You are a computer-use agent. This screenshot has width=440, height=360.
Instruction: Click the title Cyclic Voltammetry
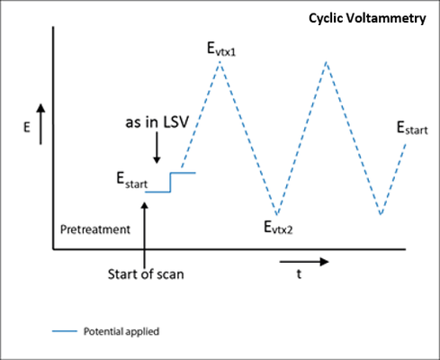(367, 19)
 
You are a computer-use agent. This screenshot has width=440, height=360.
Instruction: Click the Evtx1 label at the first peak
(221, 49)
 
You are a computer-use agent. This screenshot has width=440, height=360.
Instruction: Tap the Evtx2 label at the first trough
(278, 227)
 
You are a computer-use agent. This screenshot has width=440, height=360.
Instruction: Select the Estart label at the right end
(412, 128)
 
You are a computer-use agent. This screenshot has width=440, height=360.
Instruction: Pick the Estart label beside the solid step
(132, 180)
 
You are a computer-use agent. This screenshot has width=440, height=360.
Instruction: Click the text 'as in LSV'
(157, 122)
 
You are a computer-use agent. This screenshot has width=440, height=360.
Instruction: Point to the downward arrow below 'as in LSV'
(157, 148)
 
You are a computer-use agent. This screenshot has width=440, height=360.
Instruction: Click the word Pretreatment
(95, 229)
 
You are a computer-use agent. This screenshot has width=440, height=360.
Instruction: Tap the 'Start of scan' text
(146, 274)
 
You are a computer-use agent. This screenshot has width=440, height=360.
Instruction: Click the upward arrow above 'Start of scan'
(145, 235)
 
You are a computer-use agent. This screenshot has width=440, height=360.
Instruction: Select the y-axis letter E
(27, 128)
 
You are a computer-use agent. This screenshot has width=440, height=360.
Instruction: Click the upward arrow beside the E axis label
(40, 124)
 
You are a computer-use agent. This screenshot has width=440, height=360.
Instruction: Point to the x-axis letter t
(299, 274)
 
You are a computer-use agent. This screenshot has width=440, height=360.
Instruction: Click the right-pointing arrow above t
(304, 262)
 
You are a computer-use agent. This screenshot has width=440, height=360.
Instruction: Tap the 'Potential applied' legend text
(121, 331)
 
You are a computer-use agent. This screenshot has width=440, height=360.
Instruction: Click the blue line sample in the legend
(65, 331)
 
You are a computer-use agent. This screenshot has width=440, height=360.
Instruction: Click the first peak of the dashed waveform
(220, 61)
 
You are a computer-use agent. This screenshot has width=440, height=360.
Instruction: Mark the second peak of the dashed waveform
(327, 62)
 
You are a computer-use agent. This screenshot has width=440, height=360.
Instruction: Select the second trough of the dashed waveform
(381, 214)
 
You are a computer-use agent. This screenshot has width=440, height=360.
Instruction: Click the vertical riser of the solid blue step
(171, 182)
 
